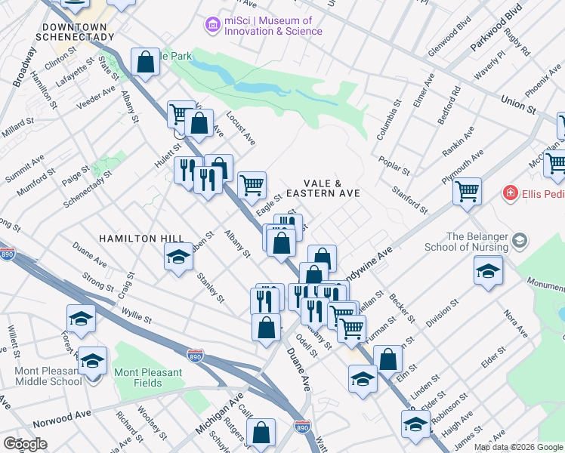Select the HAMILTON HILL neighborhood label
(141, 239)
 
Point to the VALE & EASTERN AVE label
(332, 189)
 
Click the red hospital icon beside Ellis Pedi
(511, 194)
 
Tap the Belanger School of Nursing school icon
(519, 241)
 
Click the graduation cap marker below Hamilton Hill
(178, 257)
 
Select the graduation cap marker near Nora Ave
(489, 270)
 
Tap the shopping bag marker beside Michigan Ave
(261, 433)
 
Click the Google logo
(25, 444)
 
